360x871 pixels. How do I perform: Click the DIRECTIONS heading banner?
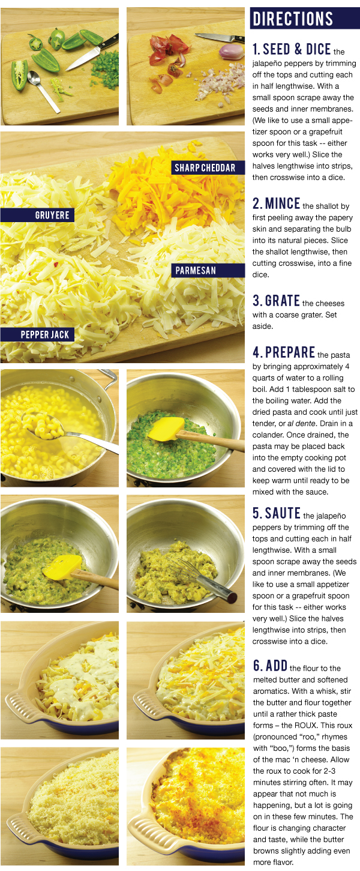tap(304, 18)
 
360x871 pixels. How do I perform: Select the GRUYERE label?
tap(37, 215)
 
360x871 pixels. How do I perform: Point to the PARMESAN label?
tap(208, 271)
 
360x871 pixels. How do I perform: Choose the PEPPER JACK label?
tap(37, 334)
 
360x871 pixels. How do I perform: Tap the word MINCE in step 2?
tap(283, 203)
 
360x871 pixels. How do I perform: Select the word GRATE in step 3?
tap(282, 301)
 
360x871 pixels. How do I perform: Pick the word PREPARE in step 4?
tap(290, 352)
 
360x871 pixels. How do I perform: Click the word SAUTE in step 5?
tap(283, 513)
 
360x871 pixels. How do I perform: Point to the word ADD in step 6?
tap(277, 666)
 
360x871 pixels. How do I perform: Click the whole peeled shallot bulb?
tap(231, 51)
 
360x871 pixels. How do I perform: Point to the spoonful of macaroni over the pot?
tap(43, 424)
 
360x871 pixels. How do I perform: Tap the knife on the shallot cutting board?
tap(220, 38)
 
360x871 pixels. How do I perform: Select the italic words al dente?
tap(301, 423)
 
